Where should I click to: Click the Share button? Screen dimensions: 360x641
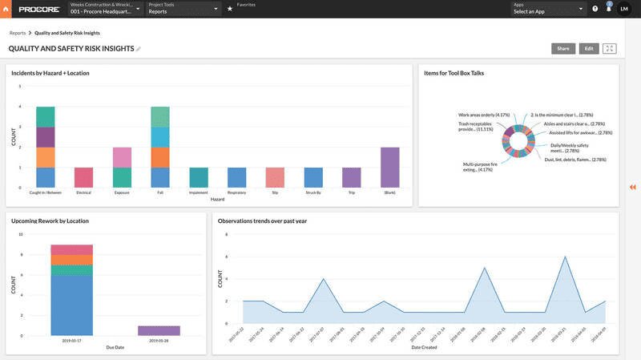pyautogui.click(x=563, y=48)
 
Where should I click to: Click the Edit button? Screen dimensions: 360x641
pyautogui.click(x=589, y=48)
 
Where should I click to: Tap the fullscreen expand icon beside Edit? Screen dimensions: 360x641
pyautogui.click(x=610, y=48)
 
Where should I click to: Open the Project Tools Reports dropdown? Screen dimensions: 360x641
pyautogui.click(x=184, y=9)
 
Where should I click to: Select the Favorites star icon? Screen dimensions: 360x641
pyautogui.click(x=230, y=9)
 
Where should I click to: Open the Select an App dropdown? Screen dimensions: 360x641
pyautogui.click(x=549, y=9)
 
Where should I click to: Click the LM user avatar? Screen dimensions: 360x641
pyautogui.click(x=623, y=9)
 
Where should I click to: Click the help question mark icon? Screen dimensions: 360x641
pyautogui.click(x=595, y=9)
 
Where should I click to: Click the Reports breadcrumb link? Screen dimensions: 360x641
pyautogui.click(x=18, y=34)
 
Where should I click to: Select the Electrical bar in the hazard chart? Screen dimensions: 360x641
pyautogui.click(x=83, y=177)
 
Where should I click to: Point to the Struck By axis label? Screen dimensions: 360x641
pyautogui.click(x=313, y=192)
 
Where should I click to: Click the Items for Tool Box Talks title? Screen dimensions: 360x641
pyautogui.click(x=454, y=73)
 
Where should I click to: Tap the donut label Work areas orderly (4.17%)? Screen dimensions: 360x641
pyautogui.click(x=478, y=115)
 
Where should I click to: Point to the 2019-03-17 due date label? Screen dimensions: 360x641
pyautogui.click(x=72, y=340)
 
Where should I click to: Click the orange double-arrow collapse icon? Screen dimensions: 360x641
pyautogui.click(x=632, y=187)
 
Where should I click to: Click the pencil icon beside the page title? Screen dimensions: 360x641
pyautogui.click(x=139, y=49)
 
